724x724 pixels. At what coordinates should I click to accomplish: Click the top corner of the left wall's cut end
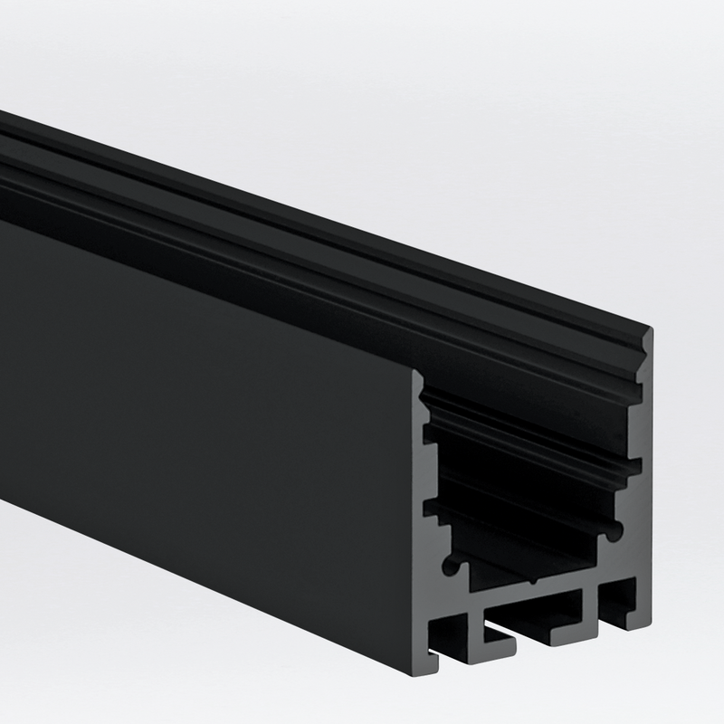(x=418, y=373)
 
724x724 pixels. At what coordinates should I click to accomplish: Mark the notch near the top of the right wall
(x=643, y=363)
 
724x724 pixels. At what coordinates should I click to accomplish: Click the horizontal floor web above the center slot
(x=534, y=597)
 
